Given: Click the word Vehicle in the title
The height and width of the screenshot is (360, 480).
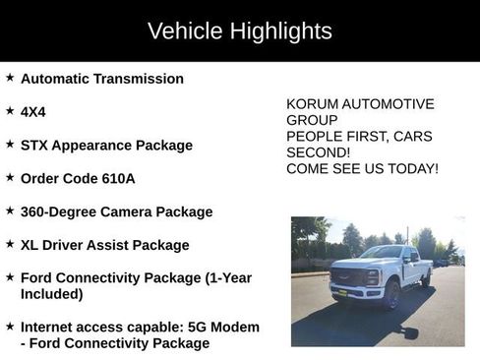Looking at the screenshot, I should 186,30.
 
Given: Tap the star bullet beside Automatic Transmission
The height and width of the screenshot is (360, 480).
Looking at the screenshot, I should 10,77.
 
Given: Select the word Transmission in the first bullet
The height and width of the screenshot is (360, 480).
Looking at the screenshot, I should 138,79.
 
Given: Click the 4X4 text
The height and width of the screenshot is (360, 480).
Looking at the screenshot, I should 33,112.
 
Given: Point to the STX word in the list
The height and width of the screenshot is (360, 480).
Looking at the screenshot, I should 35,145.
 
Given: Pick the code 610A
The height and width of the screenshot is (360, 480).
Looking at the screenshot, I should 117,178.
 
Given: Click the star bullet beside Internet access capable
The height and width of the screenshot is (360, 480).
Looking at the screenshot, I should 10,325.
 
